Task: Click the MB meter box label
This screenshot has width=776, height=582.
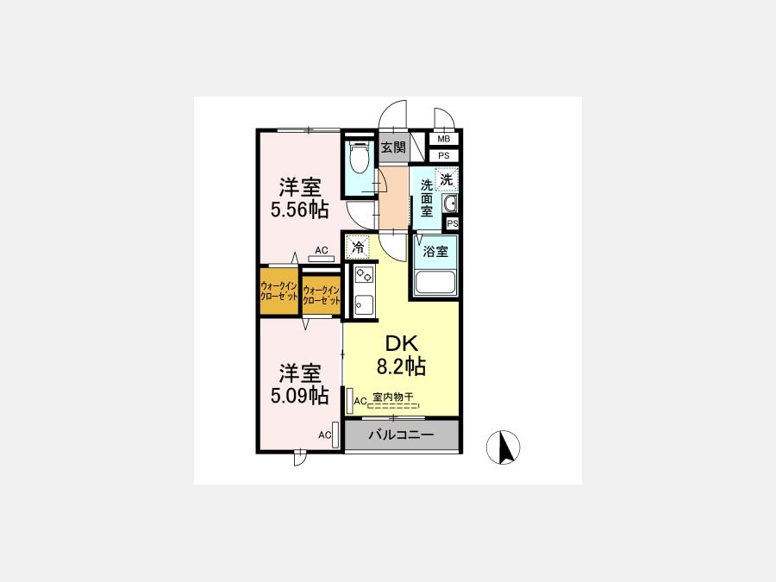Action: (443, 140)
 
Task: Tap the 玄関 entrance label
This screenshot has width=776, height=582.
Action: (393, 147)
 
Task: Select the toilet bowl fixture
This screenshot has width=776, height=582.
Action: (359, 156)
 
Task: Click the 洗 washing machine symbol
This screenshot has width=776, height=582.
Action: (447, 179)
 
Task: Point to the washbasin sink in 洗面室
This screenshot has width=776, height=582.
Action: (450, 203)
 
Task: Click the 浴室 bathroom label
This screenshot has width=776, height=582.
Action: (435, 252)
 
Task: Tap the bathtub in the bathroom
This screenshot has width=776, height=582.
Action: (435, 283)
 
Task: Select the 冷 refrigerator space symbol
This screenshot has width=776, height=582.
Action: (357, 247)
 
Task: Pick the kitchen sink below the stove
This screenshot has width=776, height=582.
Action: (364, 305)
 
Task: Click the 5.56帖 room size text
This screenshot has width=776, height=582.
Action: (299, 210)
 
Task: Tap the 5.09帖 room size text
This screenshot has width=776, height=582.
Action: (299, 395)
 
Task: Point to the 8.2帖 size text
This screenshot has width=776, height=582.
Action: (401, 366)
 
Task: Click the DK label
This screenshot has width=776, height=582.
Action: (402, 343)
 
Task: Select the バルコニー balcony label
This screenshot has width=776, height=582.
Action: (401, 435)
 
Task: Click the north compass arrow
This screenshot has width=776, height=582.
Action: (504, 447)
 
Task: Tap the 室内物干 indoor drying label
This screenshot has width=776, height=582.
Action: (392, 397)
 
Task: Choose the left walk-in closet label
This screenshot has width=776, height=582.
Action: (278, 291)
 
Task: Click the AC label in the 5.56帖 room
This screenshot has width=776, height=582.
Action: (322, 250)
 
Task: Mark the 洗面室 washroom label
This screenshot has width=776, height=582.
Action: (427, 198)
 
